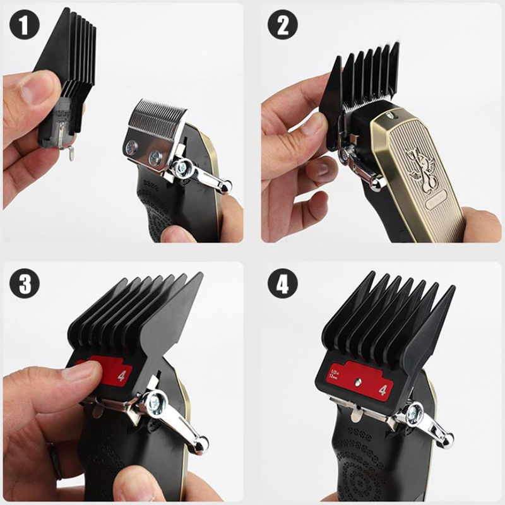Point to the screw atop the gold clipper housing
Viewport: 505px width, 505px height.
(x=389, y=116)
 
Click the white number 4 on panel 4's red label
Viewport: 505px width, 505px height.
(x=383, y=390)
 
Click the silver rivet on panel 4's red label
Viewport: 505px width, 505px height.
(x=357, y=382)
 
